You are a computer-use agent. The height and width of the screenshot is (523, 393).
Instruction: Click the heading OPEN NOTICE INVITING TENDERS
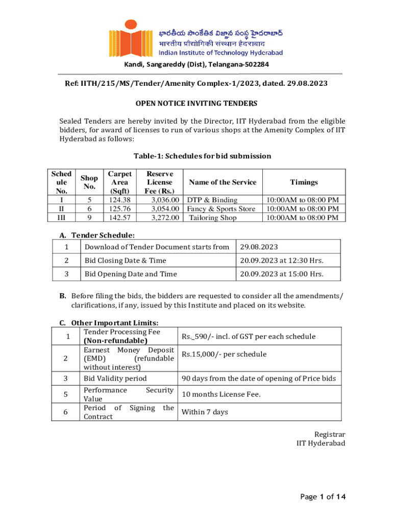pos(196,103)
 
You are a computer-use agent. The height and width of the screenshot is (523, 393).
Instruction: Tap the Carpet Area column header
pos(120,182)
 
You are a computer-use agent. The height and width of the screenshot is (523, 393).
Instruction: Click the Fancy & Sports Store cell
pos(221,209)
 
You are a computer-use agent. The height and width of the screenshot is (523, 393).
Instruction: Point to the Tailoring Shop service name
pos(213,218)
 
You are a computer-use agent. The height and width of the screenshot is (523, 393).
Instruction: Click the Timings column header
pos(304,182)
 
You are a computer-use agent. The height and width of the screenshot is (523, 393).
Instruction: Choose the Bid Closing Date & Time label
pos(125,260)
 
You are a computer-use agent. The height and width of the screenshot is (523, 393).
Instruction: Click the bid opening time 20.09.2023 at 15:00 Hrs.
pos(282,274)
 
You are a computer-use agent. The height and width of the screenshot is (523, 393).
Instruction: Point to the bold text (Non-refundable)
pos(115,341)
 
